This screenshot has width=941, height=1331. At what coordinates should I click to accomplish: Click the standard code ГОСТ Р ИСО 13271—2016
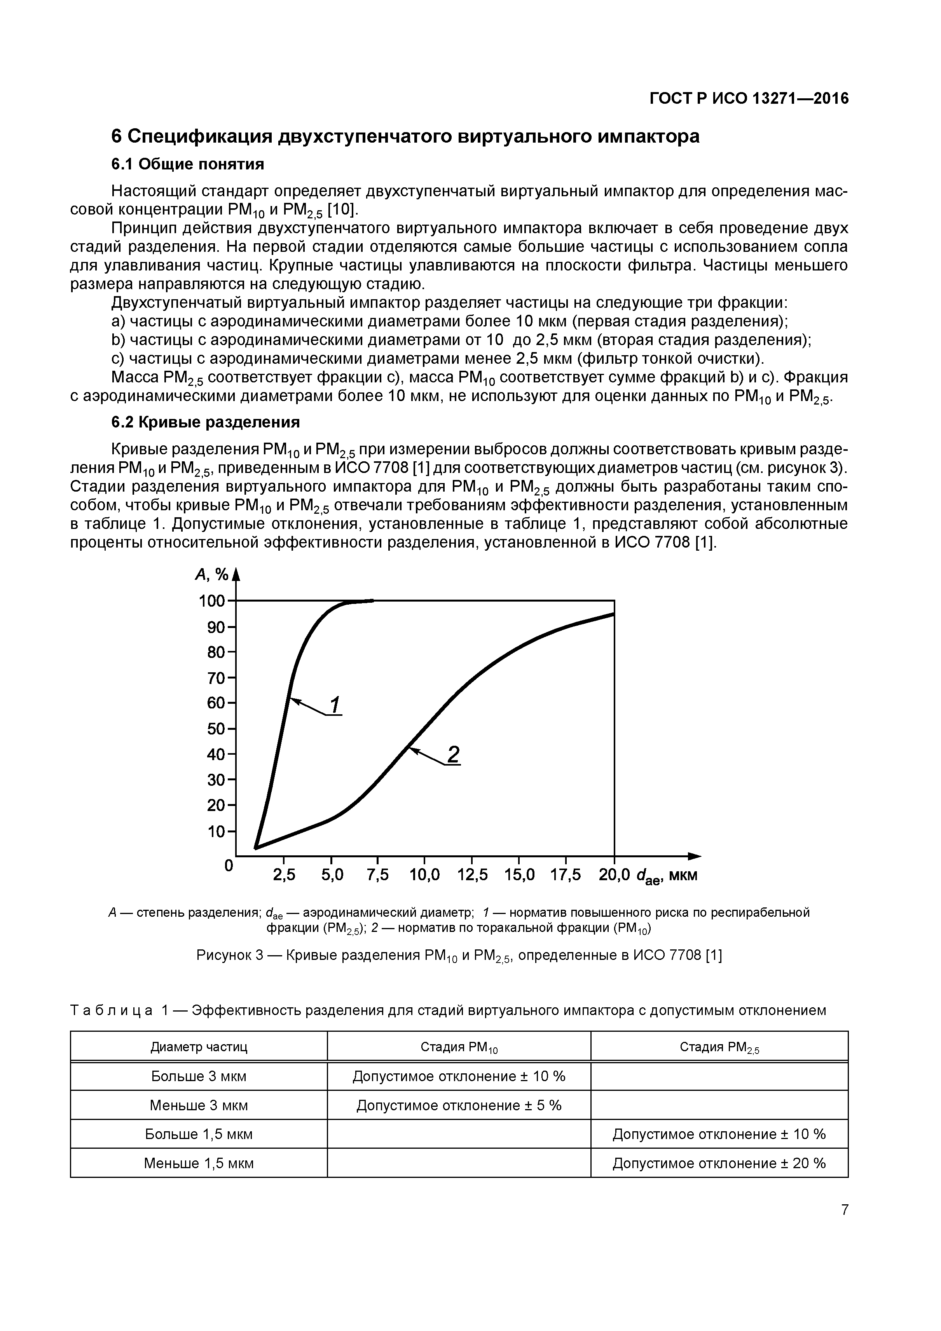(x=749, y=99)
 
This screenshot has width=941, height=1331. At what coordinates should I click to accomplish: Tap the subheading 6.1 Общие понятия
(x=187, y=165)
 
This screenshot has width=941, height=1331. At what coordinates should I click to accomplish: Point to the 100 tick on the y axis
(x=211, y=600)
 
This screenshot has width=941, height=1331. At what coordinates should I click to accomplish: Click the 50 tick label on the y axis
(x=216, y=729)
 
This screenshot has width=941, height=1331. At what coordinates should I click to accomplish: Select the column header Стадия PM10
(x=459, y=1047)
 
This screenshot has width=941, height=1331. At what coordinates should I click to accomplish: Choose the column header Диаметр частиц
(x=199, y=1047)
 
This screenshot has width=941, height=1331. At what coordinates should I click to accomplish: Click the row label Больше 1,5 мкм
(x=199, y=1134)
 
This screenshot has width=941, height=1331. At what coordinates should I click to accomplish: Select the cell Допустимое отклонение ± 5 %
(x=459, y=1105)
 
